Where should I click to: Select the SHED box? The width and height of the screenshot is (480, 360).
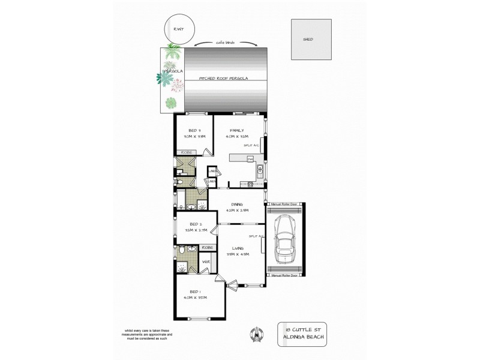point(310,40)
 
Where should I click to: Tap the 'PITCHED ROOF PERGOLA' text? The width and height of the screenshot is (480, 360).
point(224,79)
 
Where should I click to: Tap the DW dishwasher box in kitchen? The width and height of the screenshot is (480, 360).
point(250,158)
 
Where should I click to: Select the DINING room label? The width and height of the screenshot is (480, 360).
point(236,205)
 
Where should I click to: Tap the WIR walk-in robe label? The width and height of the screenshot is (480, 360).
point(205,262)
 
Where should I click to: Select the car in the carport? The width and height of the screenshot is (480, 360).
point(284,239)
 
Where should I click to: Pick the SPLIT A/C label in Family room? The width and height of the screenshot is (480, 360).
point(251,145)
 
